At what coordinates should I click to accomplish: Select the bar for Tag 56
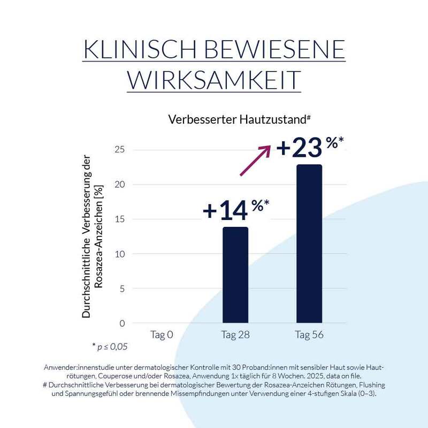coord(309,243)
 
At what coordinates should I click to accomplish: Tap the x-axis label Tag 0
coord(162,335)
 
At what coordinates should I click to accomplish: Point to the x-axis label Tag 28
coord(235,335)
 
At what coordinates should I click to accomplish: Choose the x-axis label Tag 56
coord(309,335)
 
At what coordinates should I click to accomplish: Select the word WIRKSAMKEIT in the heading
coord(213,80)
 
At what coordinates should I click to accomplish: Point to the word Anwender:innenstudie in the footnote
coord(82,368)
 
